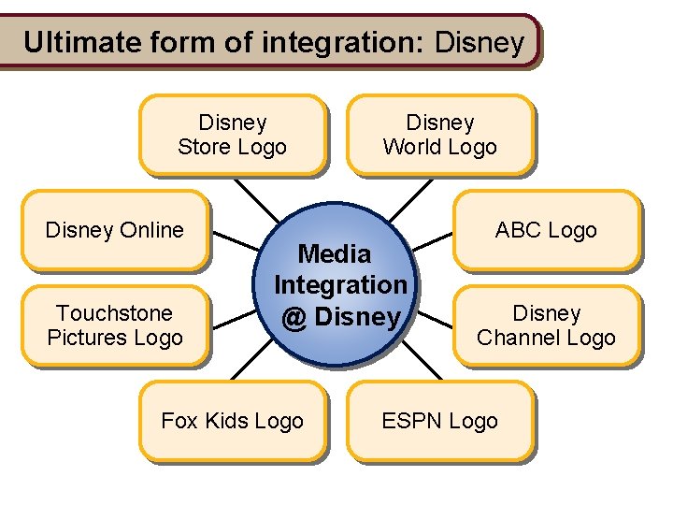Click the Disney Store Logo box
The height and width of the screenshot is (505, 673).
[x=232, y=135]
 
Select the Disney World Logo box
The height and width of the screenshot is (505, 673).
[x=439, y=135]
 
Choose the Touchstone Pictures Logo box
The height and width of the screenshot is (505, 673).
[x=114, y=325]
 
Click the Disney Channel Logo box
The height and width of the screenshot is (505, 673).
[x=546, y=325]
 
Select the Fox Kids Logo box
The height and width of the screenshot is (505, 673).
[x=232, y=421]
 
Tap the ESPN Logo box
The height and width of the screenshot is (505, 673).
[x=439, y=421]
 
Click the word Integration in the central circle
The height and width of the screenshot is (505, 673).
[x=340, y=284]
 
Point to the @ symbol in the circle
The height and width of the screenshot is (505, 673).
[x=294, y=317]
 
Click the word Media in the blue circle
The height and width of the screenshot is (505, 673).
[x=334, y=253]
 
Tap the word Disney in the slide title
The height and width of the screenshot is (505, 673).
[x=480, y=42]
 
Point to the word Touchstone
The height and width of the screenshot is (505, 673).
[x=114, y=312]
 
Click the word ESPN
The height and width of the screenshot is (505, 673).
[x=412, y=421]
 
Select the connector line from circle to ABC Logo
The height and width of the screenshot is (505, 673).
[x=432, y=240]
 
